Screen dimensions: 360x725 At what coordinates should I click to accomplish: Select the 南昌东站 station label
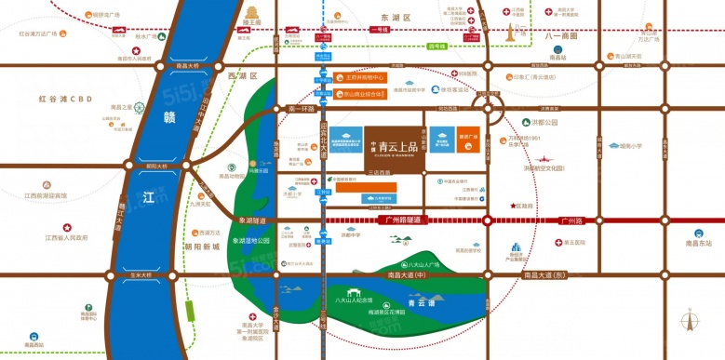pos(697,244)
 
